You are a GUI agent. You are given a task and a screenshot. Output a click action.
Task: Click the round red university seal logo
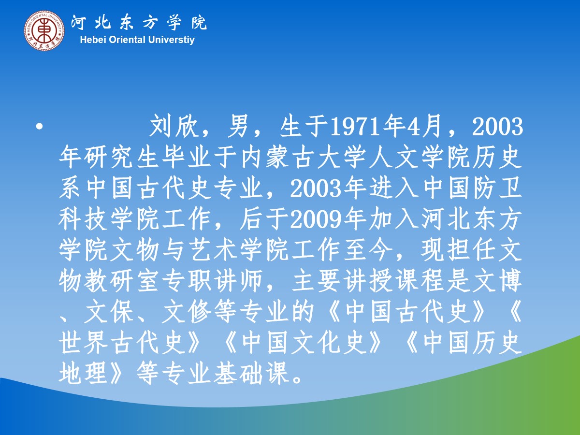[44, 30]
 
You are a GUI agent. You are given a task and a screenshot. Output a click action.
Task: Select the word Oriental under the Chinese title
[127, 40]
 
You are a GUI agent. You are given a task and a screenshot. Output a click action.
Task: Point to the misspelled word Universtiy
[171, 40]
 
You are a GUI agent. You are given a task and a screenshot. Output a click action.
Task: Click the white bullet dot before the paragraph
[39, 127]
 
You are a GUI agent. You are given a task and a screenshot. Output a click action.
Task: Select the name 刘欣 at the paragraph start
[174, 126]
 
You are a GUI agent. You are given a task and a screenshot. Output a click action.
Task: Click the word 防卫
[497, 188]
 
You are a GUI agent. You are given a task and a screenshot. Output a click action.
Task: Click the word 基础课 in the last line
[251, 374]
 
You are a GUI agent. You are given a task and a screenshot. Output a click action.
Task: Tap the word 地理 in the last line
[83, 374]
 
